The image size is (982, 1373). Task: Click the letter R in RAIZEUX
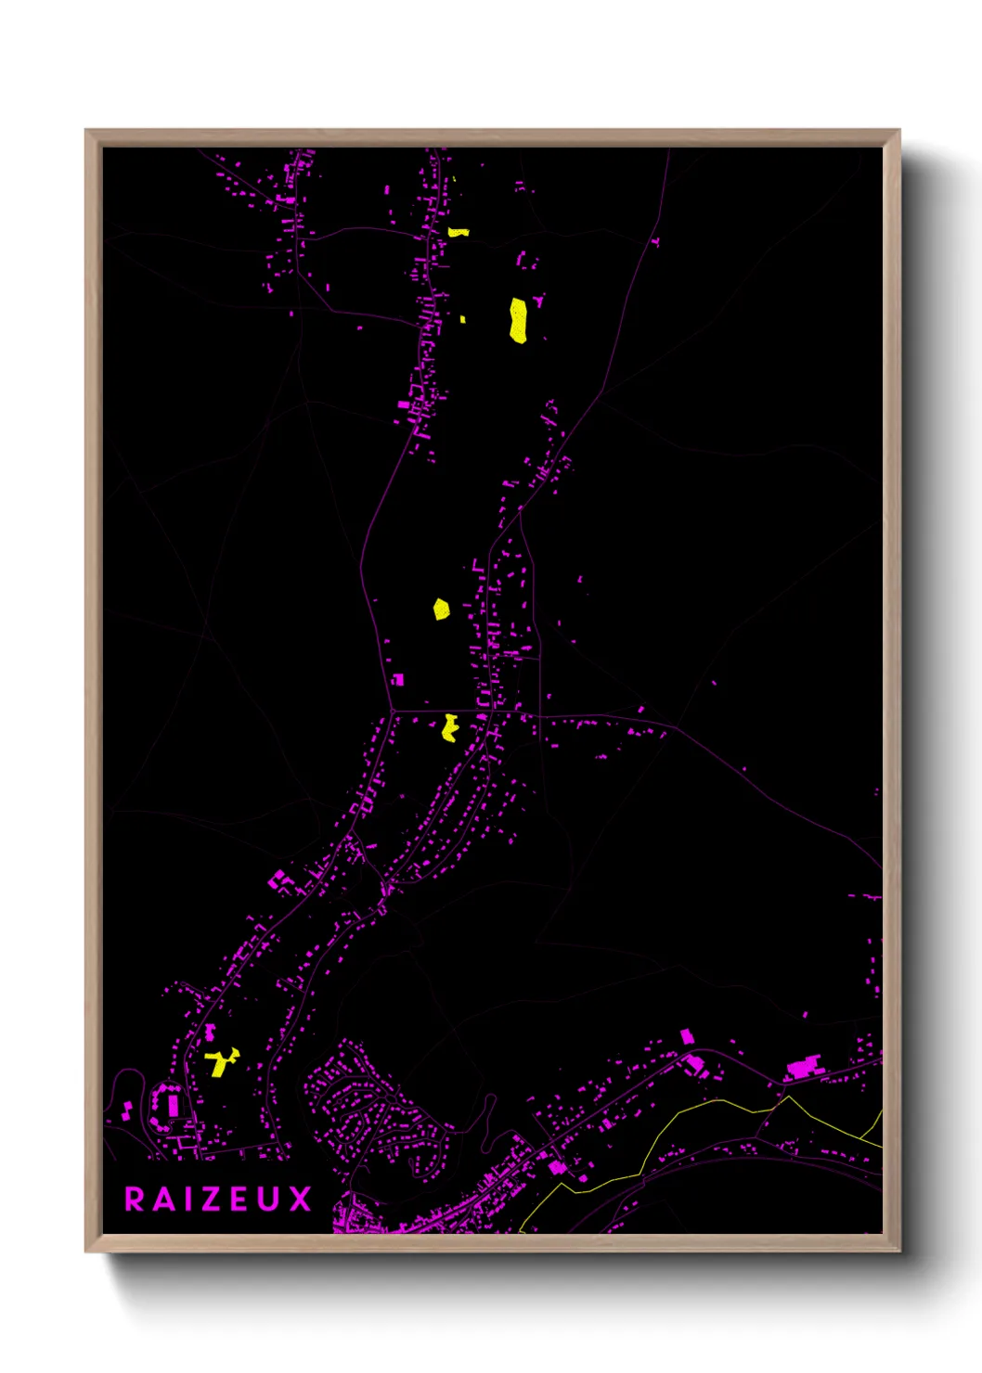[x=135, y=1200]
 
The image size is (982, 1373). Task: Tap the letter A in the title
[x=163, y=1200]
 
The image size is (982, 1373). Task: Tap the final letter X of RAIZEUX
[x=299, y=1200]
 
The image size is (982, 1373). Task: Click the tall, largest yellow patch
[x=518, y=320]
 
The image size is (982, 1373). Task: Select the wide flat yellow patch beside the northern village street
[x=459, y=232]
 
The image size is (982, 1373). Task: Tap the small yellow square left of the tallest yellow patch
[x=463, y=319]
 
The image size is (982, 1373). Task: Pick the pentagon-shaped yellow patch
[x=441, y=610]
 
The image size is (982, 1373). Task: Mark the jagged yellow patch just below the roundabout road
[x=450, y=728]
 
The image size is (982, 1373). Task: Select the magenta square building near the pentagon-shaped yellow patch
[x=398, y=680]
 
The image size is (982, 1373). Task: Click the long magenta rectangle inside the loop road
[x=173, y=1104]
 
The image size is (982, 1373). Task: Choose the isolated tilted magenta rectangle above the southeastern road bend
[x=687, y=1036]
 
